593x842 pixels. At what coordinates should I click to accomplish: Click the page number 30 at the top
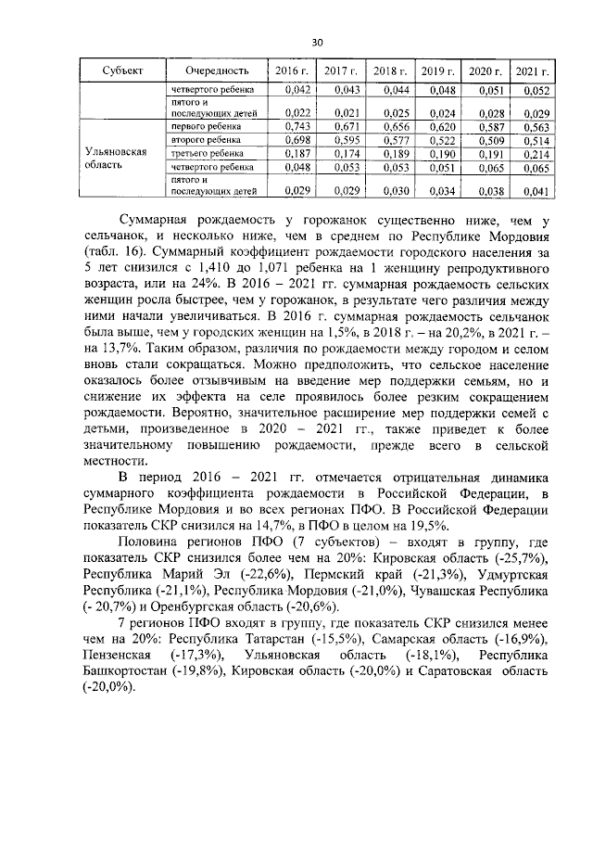point(316,43)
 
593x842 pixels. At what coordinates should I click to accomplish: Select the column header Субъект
point(122,70)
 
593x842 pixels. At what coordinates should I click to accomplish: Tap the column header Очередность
point(217,70)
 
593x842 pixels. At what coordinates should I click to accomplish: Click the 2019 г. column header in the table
point(437,70)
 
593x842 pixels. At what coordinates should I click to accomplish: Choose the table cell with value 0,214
point(535,153)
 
